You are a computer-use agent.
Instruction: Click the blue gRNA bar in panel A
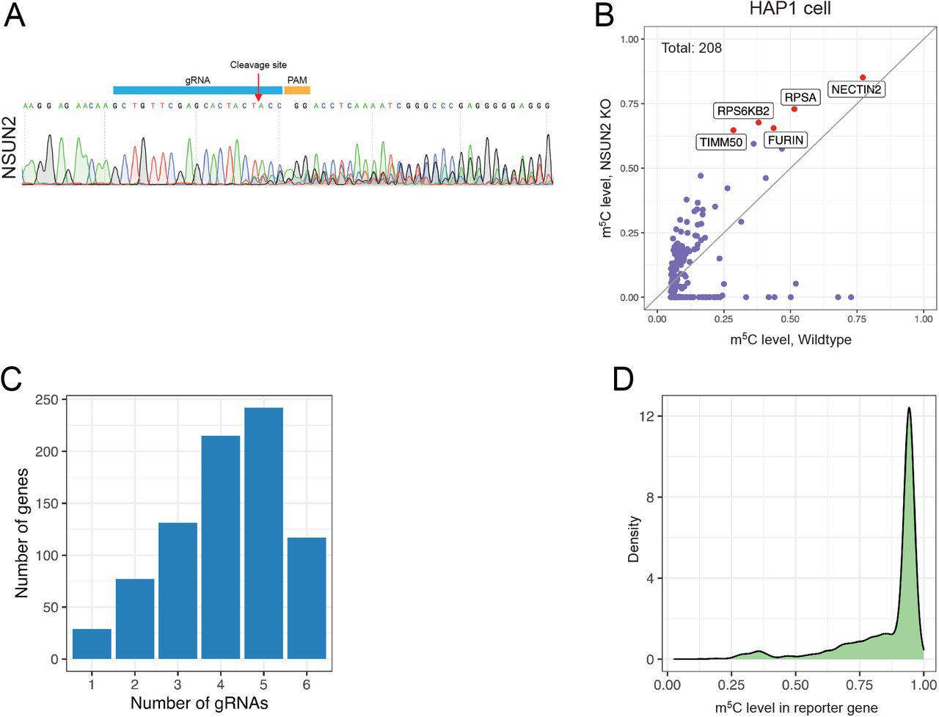tap(197, 90)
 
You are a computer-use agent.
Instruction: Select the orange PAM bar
tap(297, 90)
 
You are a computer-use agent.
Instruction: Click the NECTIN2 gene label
tap(856, 90)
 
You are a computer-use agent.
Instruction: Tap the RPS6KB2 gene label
tap(743, 111)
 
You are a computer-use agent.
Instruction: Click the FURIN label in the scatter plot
tap(786, 139)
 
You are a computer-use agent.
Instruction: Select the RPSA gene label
tap(800, 97)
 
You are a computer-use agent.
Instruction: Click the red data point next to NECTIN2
tap(863, 77)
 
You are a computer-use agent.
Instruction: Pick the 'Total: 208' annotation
tap(692, 48)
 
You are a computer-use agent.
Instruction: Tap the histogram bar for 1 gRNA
tap(92, 644)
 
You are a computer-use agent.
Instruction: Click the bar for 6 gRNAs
tap(307, 598)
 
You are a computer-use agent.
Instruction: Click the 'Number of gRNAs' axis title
tap(199, 703)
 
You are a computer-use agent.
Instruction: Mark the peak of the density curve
tap(909, 408)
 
